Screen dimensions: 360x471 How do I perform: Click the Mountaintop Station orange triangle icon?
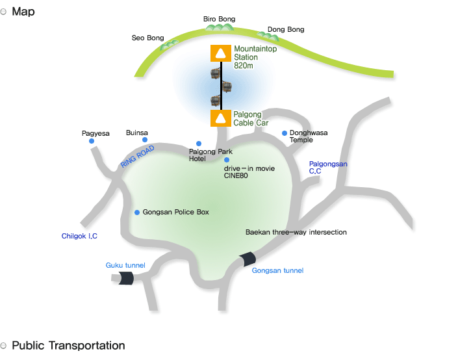[x=221, y=53]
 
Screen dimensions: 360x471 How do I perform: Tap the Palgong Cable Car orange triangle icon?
[x=221, y=118]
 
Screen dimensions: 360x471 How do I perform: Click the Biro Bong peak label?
[x=220, y=19]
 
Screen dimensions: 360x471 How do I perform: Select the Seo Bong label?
[x=148, y=38]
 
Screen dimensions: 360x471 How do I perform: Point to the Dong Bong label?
[x=285, y=29]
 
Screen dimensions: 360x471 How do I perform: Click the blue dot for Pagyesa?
[x=92, y=141]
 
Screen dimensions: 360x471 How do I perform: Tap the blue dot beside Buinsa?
[x=145, y=140]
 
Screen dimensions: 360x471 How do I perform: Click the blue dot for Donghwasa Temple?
[x=284, y=133]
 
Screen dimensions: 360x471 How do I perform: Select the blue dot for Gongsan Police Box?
[x=137, y=212]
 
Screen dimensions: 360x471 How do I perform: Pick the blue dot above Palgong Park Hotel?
[x=199, y=144]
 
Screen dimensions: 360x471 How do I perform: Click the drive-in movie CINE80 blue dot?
[x=227, y=160]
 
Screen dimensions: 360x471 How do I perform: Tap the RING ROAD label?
[x=138, y=157]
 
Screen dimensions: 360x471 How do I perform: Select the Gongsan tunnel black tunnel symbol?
[x=247, y=259]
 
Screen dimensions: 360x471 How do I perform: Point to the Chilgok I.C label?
[x=79, y=236]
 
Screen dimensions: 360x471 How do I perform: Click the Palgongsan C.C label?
[x=328, y=168]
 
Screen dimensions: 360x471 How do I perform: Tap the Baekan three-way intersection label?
[x=296, y=232]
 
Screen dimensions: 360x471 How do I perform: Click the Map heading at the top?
[x=23, y=12]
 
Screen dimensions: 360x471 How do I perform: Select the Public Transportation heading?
[x=68, y=346]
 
